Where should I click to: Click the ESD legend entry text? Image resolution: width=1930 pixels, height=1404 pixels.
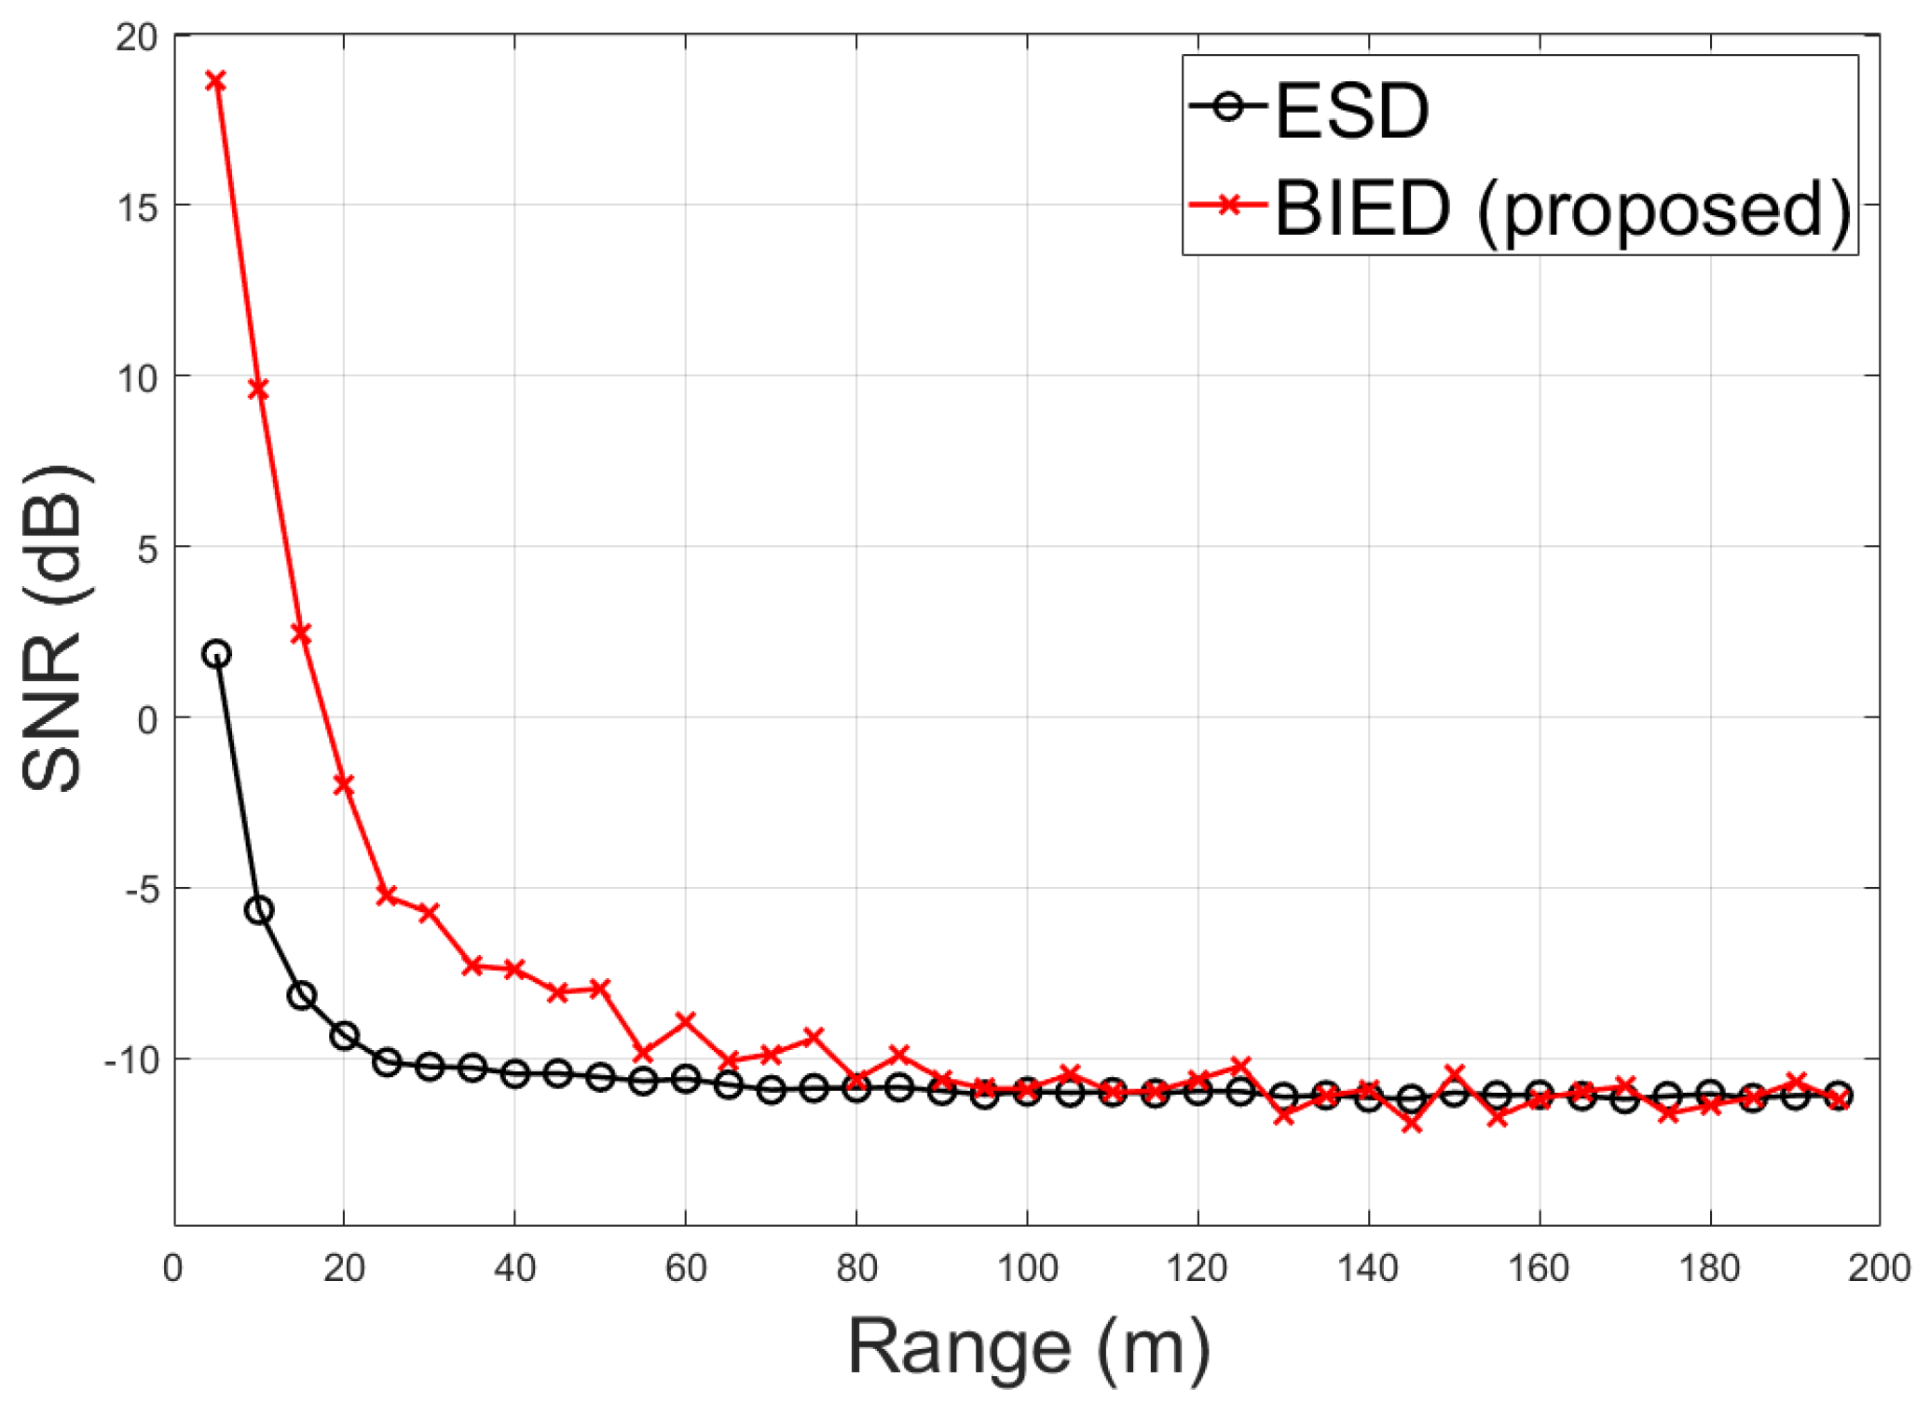point(1351,112)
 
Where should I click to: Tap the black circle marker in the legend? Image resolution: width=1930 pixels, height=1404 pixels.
point(1229,106)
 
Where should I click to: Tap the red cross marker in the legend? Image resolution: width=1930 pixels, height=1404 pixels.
point(1229,204)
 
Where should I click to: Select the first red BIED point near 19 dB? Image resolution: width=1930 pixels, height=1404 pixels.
point(216,81)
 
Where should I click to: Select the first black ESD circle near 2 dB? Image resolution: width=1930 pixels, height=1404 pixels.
point(216,654)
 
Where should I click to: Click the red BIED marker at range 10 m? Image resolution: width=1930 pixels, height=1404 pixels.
point(259,389)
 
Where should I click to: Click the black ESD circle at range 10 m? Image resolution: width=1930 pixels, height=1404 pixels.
point(259,910)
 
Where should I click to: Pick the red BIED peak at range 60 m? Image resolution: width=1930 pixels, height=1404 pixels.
point(686,1021)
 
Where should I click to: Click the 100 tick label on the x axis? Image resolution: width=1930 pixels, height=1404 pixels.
point(1027,1269)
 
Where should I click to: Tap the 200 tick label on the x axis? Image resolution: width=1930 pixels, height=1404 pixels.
point(1879,1269)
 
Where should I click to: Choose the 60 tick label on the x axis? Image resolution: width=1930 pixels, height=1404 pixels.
point(686,1269)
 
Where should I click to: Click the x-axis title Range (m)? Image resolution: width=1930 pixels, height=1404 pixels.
point(1029,1348)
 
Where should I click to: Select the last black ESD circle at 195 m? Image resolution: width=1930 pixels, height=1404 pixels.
point(1839,1096)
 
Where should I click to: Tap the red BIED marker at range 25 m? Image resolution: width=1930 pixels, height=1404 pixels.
point(387,895)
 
